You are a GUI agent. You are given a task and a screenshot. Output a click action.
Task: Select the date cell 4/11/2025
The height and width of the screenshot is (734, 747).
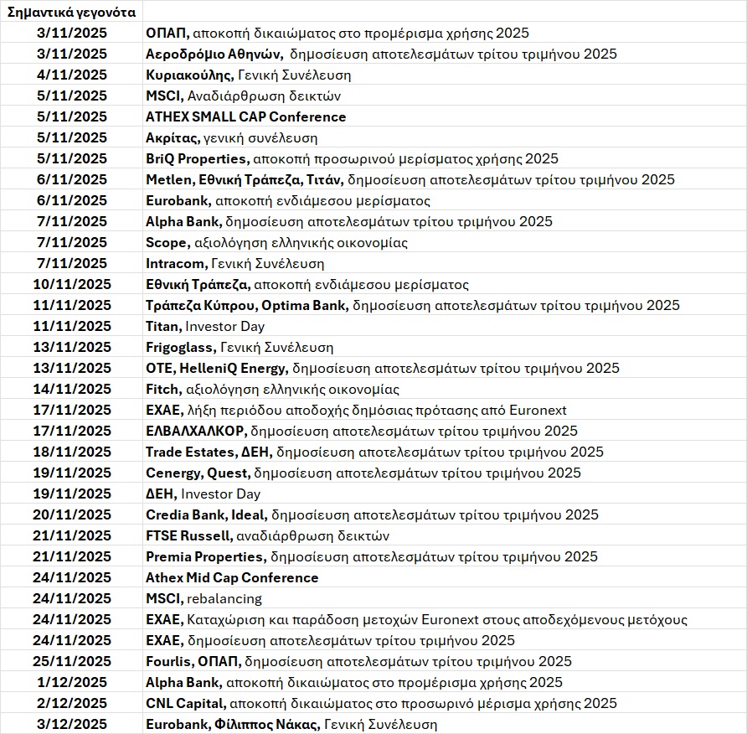coord(72,75)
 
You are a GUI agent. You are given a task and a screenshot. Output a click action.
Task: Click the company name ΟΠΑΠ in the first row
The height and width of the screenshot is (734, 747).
coord(167,34)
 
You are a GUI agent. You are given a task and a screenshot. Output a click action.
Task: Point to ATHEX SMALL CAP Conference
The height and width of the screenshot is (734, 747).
coord(245,117)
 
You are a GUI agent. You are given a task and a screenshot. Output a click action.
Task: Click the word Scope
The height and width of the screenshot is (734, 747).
coord(166,243)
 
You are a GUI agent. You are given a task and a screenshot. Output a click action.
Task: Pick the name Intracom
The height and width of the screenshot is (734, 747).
coord(173,264)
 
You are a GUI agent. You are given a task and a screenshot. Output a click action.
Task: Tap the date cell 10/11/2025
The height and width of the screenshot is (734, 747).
coord(72,285)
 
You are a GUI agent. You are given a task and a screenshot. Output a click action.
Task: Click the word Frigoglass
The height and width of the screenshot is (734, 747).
coord(180,348)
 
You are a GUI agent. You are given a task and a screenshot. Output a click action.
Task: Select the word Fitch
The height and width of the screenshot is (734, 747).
coord(162,390)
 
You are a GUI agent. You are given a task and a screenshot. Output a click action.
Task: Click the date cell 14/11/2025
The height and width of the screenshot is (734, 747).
coord(72,390)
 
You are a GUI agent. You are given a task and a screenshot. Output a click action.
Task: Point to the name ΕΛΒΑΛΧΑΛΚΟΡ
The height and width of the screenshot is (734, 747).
coord(195,432)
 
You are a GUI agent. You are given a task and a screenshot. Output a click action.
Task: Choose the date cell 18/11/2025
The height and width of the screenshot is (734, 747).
coord(72,452)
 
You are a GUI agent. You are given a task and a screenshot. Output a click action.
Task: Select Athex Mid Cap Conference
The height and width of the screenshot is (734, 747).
coord(232,578)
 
